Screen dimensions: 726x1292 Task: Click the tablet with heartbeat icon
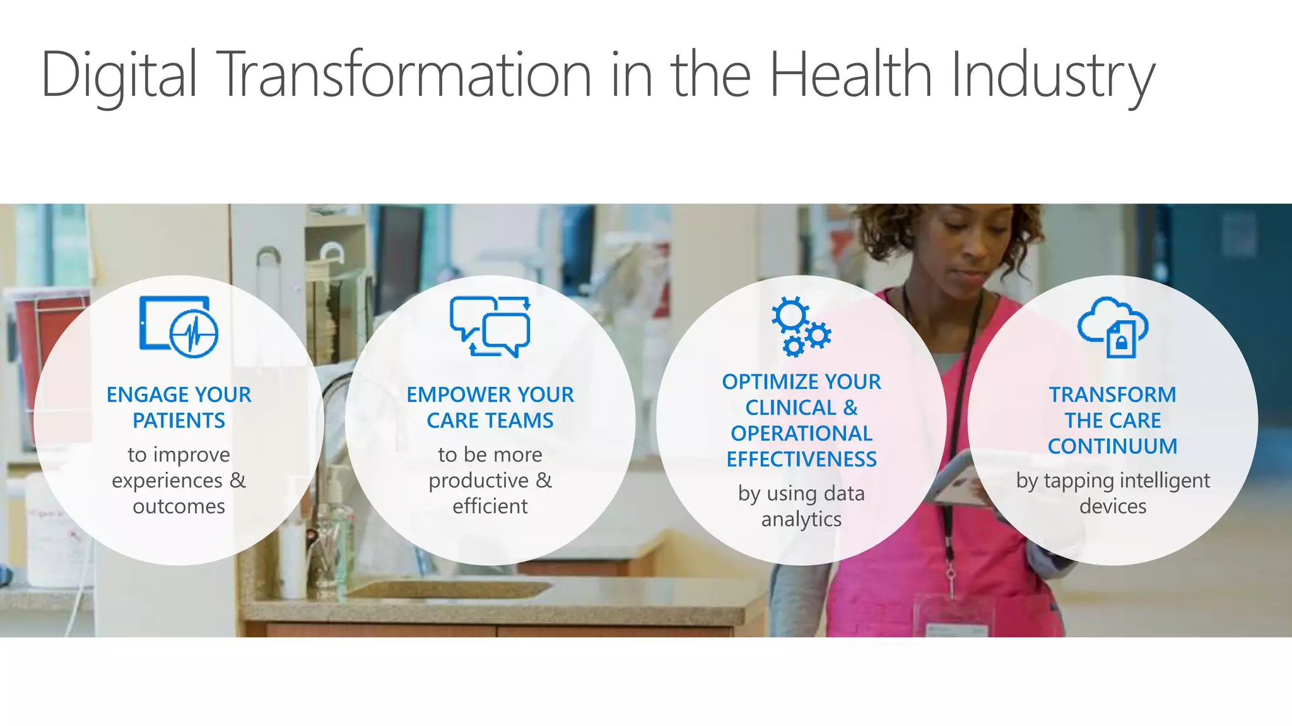(179, 326)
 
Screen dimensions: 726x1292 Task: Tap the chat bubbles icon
(490, 326)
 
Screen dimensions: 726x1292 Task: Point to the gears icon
(801, 326)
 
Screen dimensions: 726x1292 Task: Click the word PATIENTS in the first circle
(179, 420)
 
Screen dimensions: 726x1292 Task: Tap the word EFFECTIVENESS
(801, 459)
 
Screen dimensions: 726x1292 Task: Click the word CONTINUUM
(1112, 446)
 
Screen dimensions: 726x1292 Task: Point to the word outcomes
(179, 507)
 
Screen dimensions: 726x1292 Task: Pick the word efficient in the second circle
(490, 507)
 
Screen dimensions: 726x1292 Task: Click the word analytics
(801, 519)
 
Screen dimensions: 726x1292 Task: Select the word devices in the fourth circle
(1112, 507)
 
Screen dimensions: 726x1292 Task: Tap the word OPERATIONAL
(801, 434)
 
